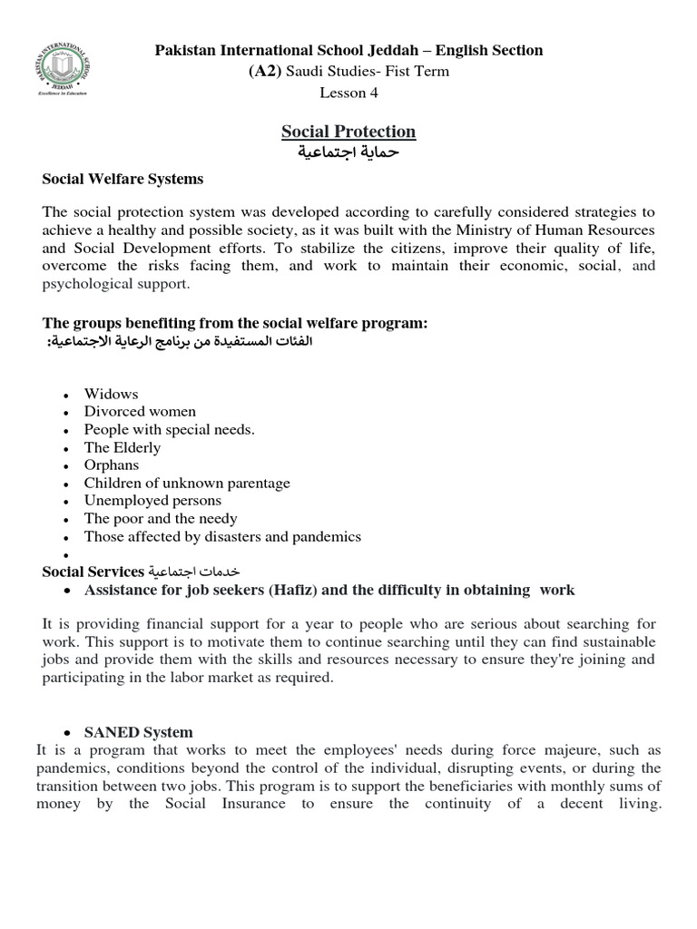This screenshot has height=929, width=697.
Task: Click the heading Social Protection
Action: [348, 132]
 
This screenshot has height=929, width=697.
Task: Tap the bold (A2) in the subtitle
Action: [265, 71]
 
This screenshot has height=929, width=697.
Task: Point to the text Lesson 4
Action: [348, 92]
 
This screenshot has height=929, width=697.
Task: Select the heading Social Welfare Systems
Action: [123, 179]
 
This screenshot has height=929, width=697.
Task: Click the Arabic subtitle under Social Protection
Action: [348, 152]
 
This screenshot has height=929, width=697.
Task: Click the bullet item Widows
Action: [111, 394]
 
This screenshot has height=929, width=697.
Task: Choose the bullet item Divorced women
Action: [140, 411]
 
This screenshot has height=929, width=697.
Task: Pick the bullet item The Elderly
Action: [123, 447]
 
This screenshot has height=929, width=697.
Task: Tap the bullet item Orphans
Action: [112, 464]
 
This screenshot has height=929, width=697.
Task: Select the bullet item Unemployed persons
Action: [152, 500]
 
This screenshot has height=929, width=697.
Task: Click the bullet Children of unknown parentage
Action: [187, 483]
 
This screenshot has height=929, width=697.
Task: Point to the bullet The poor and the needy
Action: [161, 518]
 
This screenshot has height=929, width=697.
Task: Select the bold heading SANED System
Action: [138, 732]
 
